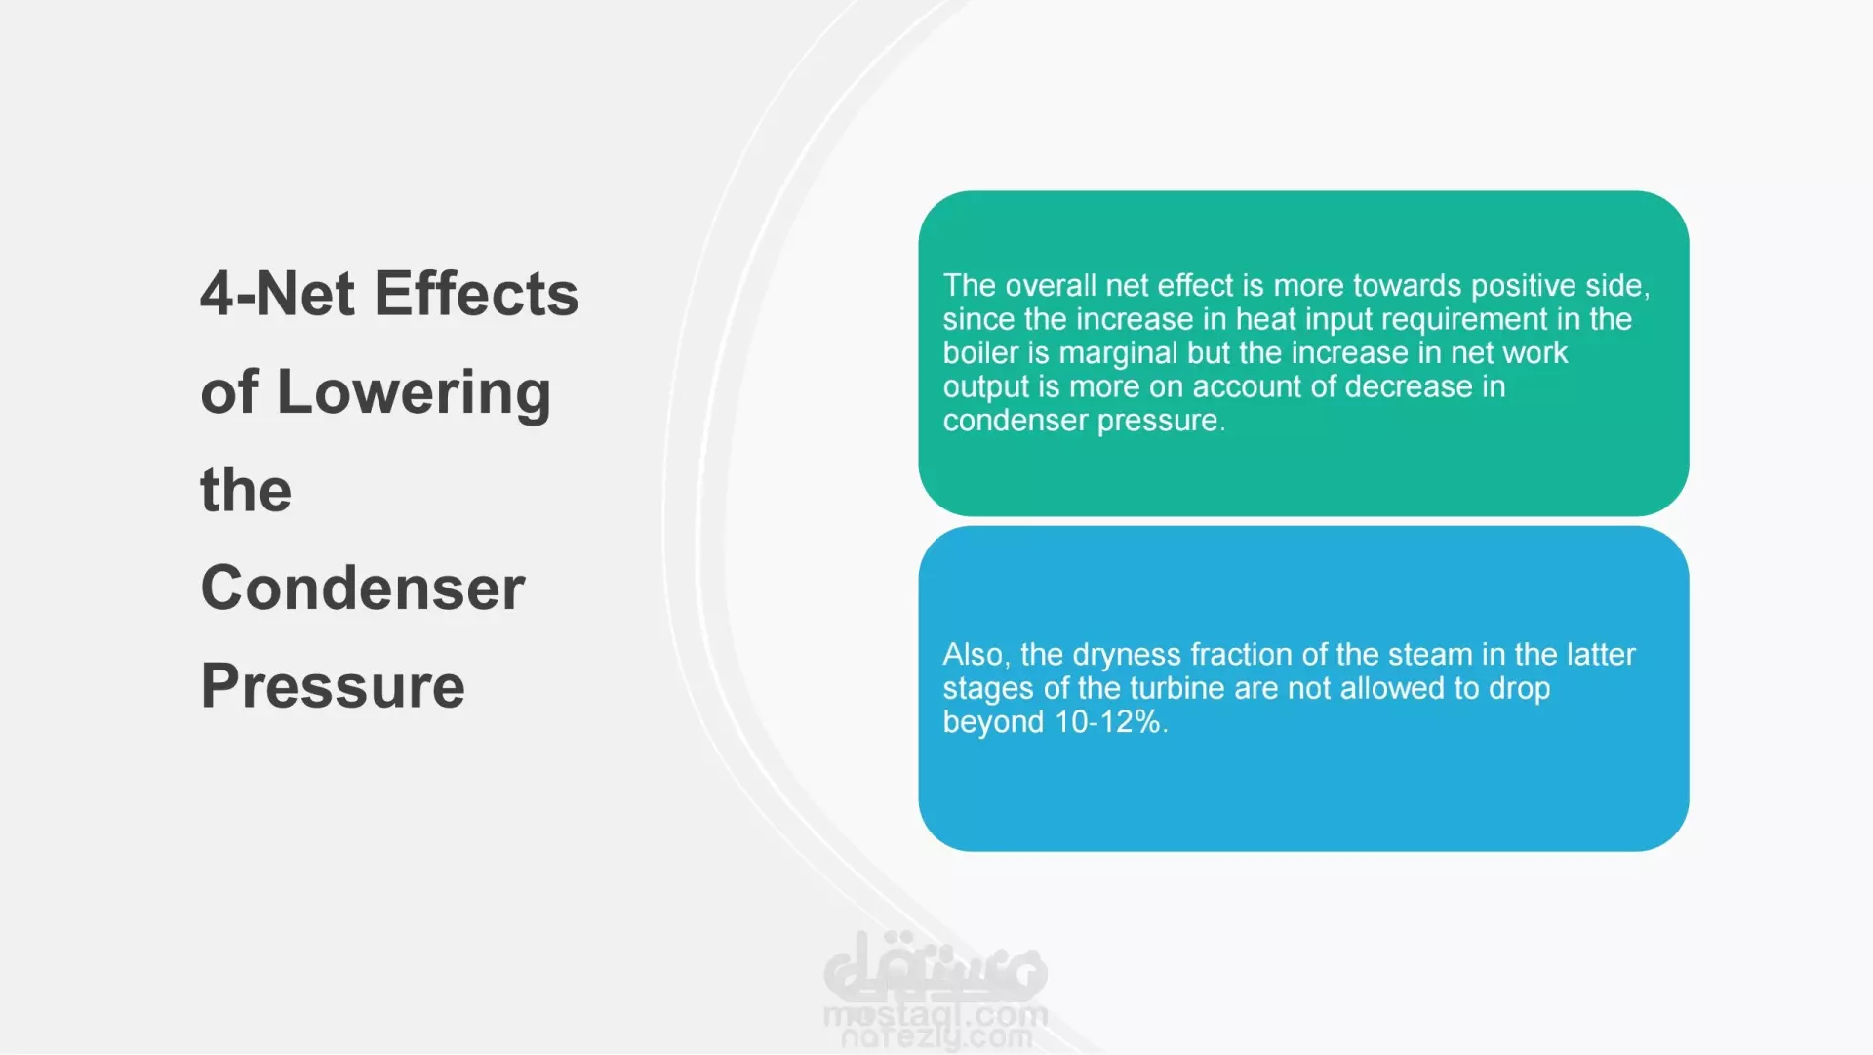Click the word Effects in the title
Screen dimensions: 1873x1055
coord(476,294)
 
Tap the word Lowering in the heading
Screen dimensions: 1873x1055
coord(415,393)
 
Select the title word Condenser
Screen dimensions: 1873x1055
coord(363,588)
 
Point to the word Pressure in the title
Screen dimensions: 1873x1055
coord(333,685)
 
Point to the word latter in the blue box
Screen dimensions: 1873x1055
coord(1601,654)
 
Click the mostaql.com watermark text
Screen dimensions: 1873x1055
coord(936,1016)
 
